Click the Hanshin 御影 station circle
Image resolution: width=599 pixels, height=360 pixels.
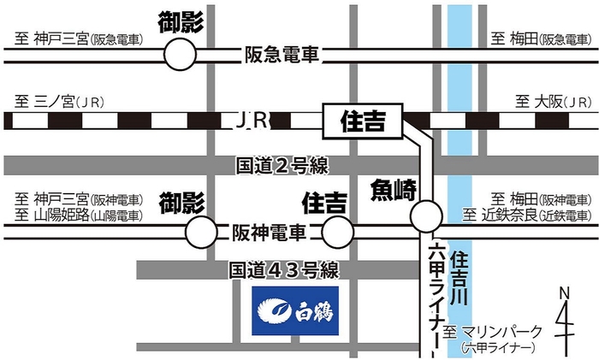(x=202, y=230)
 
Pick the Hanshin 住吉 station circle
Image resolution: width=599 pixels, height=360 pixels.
(x=337, y=230)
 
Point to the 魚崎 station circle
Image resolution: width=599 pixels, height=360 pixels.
(x=425, y=215)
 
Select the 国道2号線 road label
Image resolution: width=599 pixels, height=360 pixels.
(x=283, y=165)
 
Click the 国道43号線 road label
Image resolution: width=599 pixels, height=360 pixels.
(x=284, y=270)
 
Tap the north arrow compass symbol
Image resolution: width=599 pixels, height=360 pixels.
(x=564, y=320)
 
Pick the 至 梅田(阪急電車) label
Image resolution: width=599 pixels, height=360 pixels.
(x=538, y=38)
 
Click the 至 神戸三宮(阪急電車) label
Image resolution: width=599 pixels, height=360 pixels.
(x=77, y=38)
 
